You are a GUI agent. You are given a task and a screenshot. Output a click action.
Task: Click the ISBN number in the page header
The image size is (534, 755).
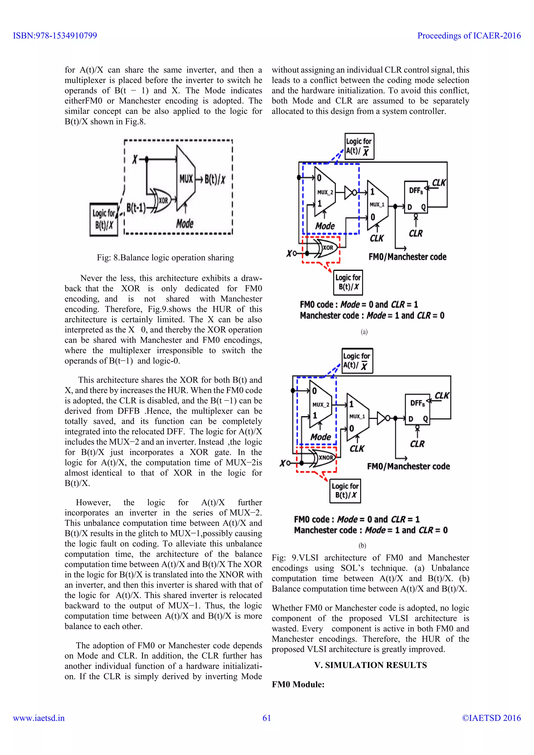point(55,35)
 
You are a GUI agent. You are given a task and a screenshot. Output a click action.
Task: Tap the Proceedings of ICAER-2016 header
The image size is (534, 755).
point(469,35)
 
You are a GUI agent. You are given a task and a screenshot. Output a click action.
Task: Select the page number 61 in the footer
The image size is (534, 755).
point(267,718)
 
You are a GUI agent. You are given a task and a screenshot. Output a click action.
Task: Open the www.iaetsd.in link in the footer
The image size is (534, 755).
point(39,718)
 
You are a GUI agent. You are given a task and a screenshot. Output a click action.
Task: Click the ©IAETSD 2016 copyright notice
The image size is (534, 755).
point(491,718)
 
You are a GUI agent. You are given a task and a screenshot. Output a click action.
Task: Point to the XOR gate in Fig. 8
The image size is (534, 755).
point(161,200)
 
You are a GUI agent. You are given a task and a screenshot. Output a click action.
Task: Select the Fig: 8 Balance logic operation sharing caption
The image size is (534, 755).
point(165,258)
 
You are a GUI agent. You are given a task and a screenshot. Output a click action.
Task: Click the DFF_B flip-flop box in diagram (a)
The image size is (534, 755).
point(416,197)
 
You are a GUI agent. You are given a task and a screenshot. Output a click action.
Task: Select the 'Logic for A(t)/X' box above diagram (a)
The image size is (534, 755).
point(359,146)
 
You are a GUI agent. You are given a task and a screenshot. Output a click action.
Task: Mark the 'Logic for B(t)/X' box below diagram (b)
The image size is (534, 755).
point(345,491)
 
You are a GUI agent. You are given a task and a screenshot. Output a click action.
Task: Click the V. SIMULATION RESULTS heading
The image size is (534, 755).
point(370,665)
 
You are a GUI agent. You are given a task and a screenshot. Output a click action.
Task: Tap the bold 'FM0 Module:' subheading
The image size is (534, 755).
point(298,684)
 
